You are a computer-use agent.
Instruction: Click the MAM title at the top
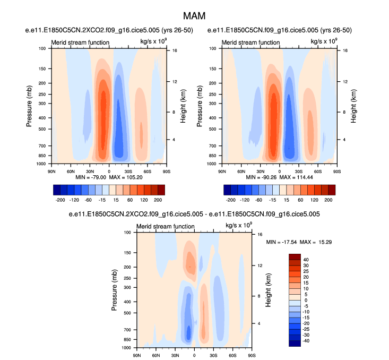tap(194, 16)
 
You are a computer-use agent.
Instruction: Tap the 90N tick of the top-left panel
tap(51, 171)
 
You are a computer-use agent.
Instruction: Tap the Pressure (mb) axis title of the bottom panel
tap(115, 290)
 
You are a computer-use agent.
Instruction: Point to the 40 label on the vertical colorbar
tap(306, 260)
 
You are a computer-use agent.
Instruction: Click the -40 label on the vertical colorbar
tap(307, 341)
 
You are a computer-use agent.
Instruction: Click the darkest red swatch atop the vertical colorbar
tap(295, 256)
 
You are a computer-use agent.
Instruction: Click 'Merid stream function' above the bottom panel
tap(165, 227)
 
